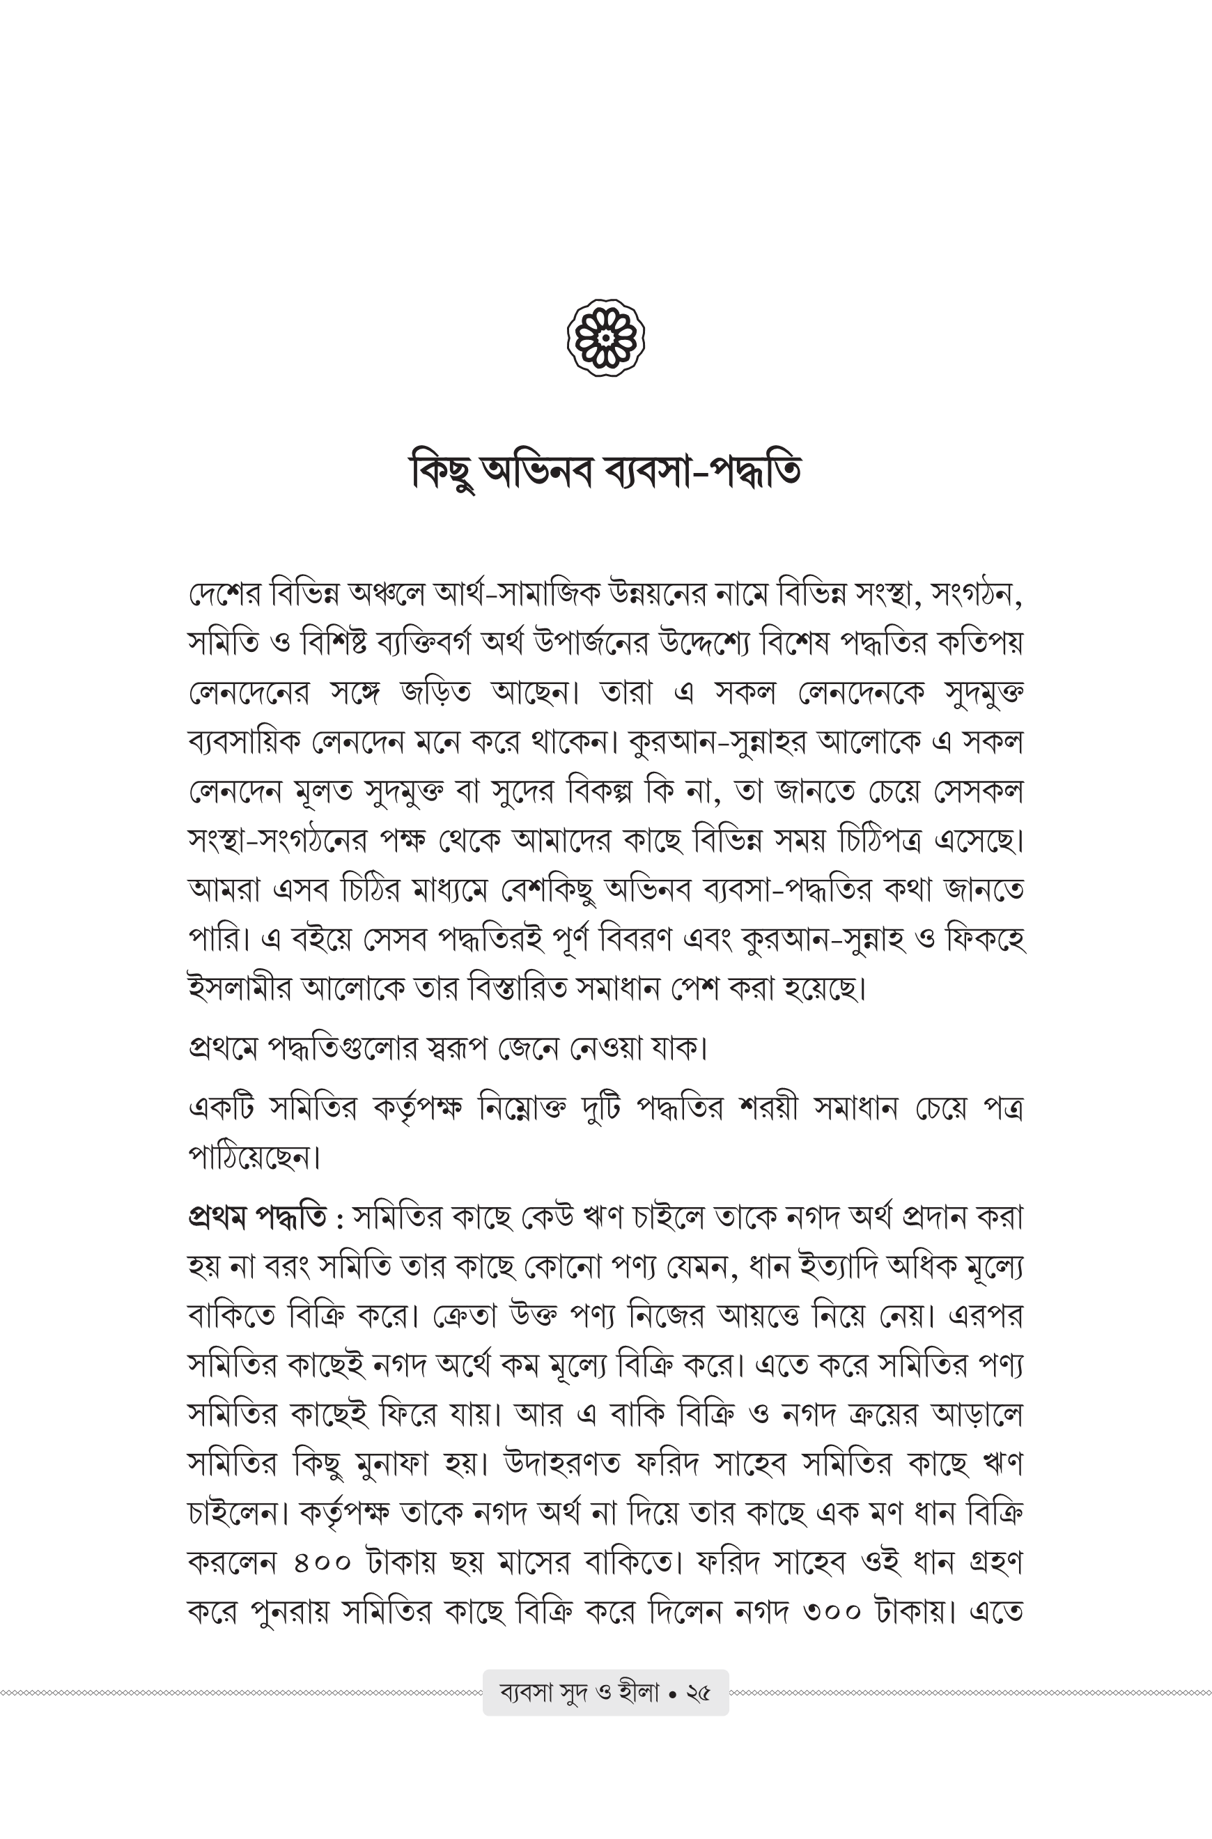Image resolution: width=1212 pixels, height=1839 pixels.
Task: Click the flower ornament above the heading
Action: pos(606,338)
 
